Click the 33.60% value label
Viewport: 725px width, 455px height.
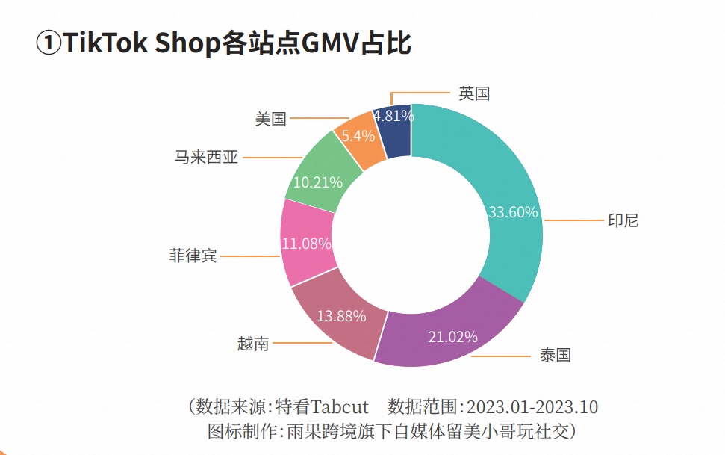click(513, 212)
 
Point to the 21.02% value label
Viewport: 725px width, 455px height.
click(452, 337)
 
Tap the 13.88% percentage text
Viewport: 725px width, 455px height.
click(341, 316)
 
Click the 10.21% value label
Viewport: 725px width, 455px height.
click(318, 182)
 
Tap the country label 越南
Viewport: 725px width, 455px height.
click(253, 344)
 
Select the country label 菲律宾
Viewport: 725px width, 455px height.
click(193, 256)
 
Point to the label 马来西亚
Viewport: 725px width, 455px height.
click(206, 158)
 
